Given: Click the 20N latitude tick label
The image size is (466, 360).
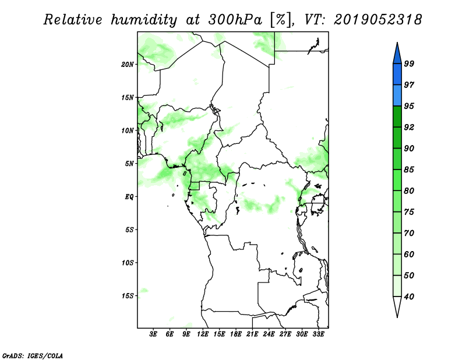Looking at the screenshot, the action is coord(128,65).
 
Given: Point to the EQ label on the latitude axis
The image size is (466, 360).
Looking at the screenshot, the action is coord(129,197).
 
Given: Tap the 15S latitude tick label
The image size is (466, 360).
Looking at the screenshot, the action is coord(128,296).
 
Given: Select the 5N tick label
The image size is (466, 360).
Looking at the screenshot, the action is coord(129,164).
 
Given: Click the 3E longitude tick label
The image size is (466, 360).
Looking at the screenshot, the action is coord(153,334).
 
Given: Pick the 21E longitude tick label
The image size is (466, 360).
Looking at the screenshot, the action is coord(252,334).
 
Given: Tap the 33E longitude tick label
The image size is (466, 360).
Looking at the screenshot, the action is coord(318,334).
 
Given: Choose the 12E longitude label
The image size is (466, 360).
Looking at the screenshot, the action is coord(203,334).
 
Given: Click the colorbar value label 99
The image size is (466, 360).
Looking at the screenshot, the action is coord(409,63).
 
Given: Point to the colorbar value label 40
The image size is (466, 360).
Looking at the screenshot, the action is coord(409,297).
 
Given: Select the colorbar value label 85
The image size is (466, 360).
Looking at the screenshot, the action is coord(409,170).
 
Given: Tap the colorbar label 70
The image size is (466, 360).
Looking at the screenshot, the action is coord(409,233).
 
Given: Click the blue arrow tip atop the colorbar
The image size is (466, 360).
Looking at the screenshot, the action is coord(397,43).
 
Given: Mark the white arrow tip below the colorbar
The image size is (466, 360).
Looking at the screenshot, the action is coord(397,317).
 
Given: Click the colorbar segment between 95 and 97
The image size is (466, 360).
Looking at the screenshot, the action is coord(397,96).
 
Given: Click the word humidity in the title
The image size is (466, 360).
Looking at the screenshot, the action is coord(144,20).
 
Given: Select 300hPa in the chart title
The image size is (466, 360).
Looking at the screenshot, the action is coord(235,20).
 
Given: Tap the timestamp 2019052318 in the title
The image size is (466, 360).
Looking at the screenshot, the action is coord(377,20).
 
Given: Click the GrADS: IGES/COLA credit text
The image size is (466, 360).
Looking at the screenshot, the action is coord(33,355).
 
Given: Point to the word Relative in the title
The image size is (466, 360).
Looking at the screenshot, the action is coord(73,20).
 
